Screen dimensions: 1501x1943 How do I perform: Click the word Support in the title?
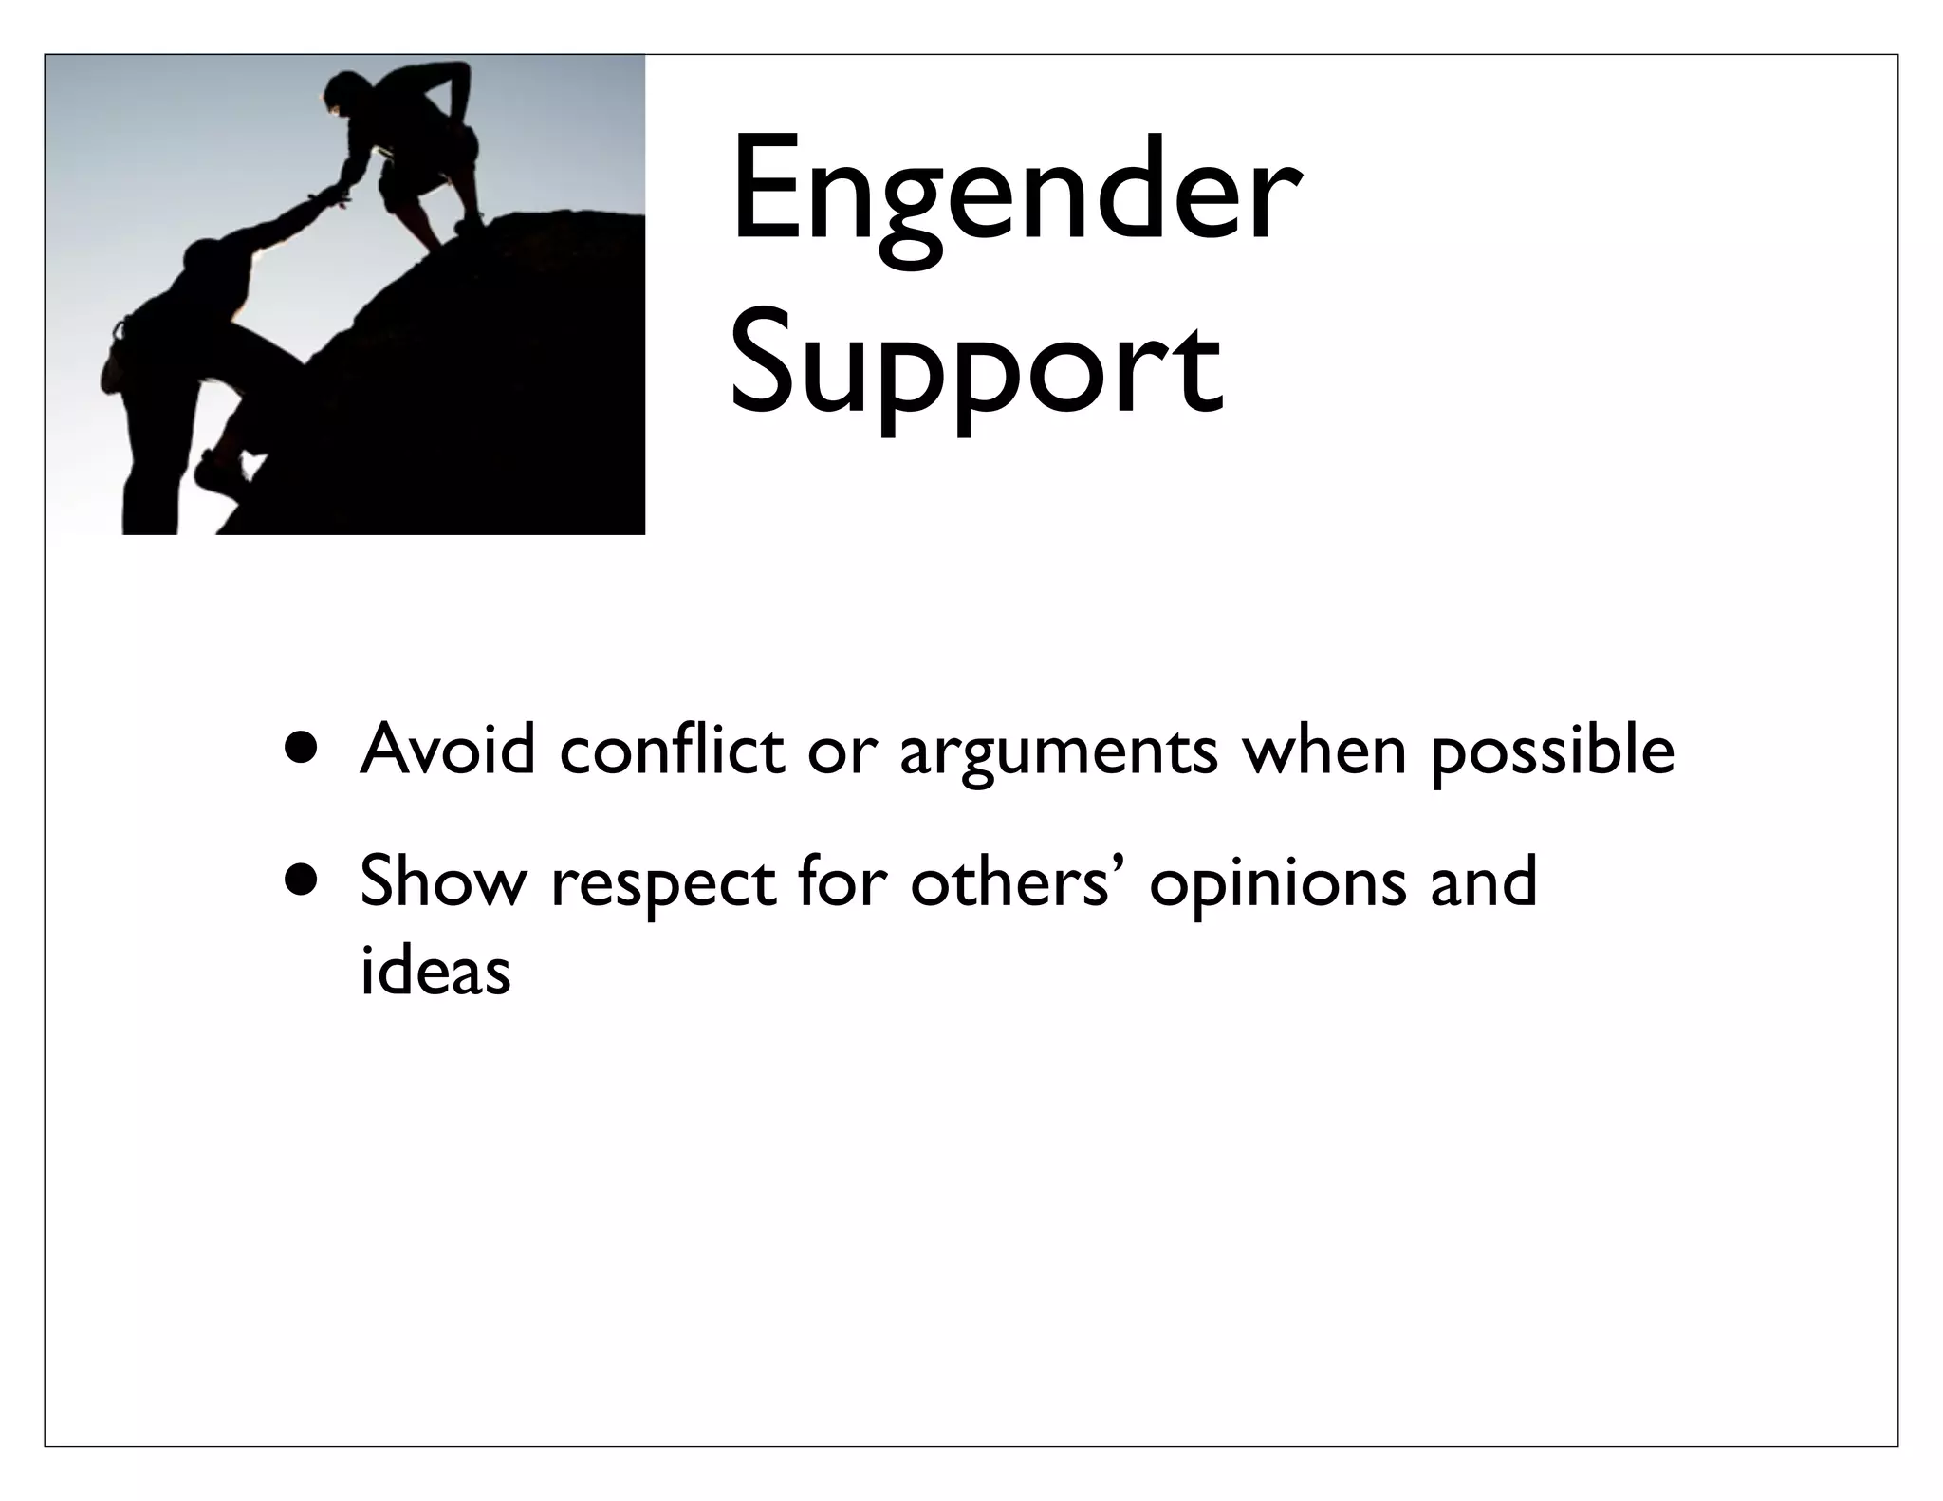point(975,369)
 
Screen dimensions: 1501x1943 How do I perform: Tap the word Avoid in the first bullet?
point(448,750)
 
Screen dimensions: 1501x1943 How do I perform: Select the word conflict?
point(672,750)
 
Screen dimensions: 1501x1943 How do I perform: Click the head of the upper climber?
point(339,95)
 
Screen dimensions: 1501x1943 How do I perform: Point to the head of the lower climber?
point(203,256)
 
